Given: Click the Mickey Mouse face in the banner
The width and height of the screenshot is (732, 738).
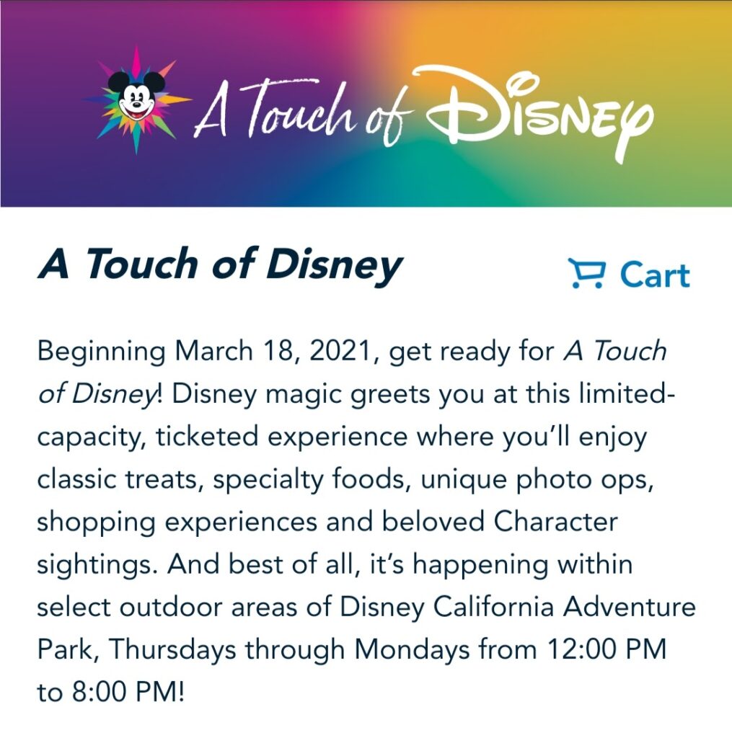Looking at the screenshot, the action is point(136,98).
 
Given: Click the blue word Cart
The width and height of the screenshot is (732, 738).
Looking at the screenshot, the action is point(656,275).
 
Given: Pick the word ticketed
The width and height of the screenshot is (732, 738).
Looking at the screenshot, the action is point(207,437).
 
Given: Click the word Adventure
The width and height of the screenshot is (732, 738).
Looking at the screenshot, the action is point(630,607).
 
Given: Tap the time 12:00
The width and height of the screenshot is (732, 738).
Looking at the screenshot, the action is point(582,650).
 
